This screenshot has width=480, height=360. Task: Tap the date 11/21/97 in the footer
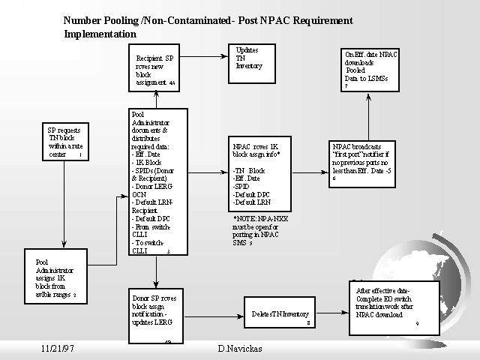click(58, 349)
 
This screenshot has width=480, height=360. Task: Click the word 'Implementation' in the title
click(100, 34)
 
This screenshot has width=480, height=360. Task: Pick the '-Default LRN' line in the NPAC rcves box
click(251, 203)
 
